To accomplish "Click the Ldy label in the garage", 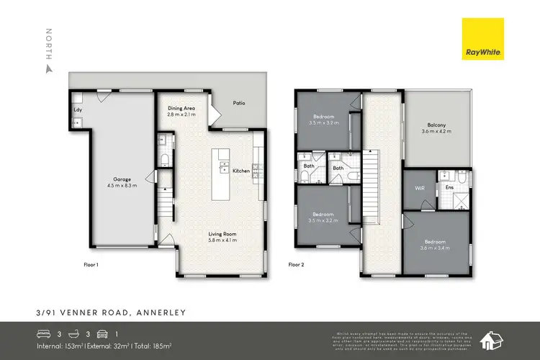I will [x=76, y=110].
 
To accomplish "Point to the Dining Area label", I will [x=181, y=108].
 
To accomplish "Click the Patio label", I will [x=238, y=103].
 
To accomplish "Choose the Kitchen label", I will [x=240, y=171].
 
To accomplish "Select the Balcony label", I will [x=436, y=125].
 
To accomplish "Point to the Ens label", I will [x=449, y=189].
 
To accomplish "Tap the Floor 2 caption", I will [x=297, y=265].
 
